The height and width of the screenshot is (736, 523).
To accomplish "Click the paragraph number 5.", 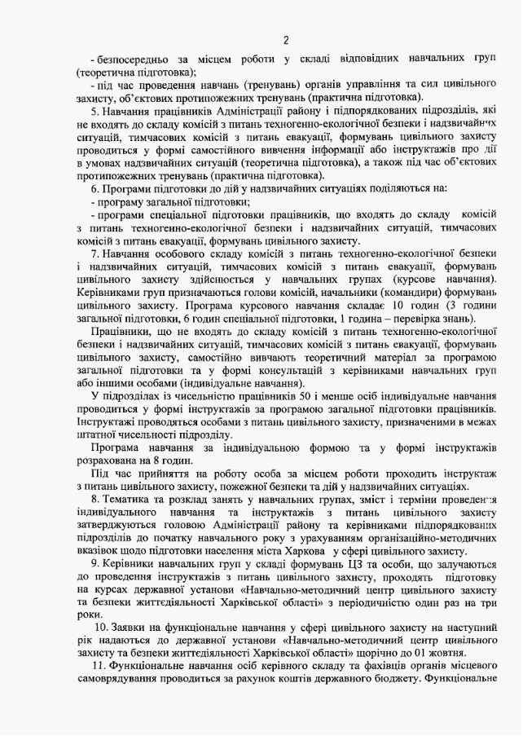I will click(x=94, y=110).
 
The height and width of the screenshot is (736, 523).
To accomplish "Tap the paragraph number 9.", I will click(x=94, y=565).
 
